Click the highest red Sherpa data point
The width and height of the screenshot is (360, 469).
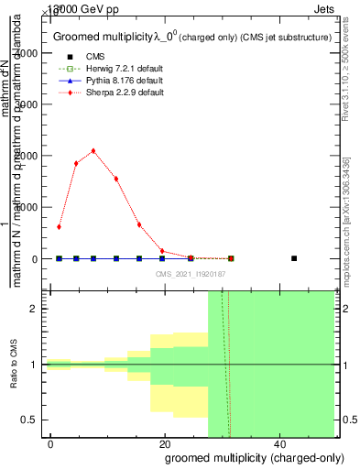pos(93,151)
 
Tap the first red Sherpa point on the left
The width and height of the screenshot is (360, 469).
pos(59,227)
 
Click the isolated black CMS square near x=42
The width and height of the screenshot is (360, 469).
pos(294,258)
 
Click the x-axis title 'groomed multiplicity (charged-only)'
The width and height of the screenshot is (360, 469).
pos(240,456)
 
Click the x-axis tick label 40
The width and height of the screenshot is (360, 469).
pos(278,443)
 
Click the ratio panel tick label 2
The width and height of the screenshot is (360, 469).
pos(34,309)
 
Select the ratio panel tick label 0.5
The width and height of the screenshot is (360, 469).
pos(30,420)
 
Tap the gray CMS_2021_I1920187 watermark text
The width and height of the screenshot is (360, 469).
pos(191,274)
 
